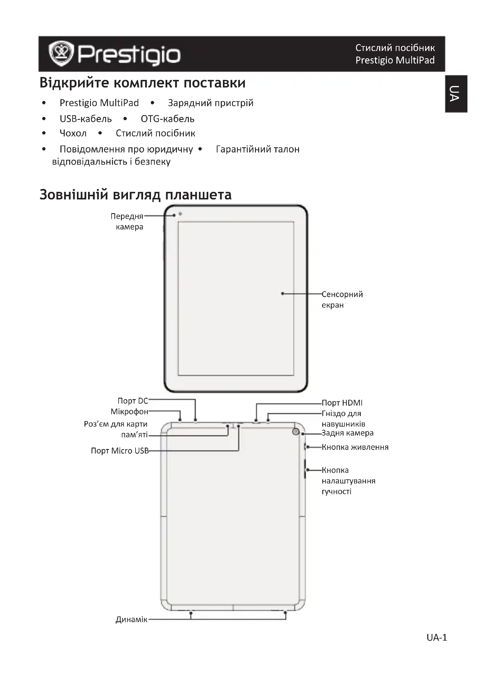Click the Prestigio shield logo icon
(x=61, y=53)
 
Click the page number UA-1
(x=437, y=638)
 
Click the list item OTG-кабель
(x=167, y=119)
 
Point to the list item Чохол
(x=73, y=133)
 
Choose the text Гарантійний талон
(x=258, y=149)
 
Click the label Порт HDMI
(x=342, y=403)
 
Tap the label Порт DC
(x=133, y=401)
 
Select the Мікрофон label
(x=129, y=412)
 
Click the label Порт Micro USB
(x=119, y=451)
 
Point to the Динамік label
(x=131, y=620)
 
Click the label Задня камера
(x=348, y=433)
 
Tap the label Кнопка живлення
(x=355, y=447)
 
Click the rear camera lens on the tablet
(x=295, y=432)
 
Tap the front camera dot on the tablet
(x=180, y=214)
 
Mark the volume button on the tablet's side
(x=305, y=469)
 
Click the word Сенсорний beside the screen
(x=342, y=294)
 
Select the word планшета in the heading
(x=198, y=195)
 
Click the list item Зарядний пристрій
(x=210, y=103)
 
